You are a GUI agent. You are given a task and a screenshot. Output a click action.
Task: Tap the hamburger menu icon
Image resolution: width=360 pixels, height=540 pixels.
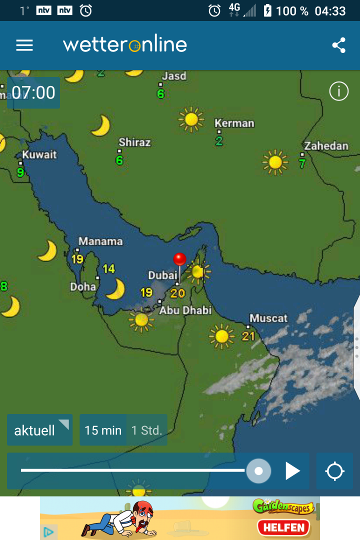24,45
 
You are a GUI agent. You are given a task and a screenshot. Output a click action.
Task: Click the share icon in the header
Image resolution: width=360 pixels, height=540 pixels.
338,45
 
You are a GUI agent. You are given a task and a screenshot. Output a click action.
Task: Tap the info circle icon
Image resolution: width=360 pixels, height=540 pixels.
338,91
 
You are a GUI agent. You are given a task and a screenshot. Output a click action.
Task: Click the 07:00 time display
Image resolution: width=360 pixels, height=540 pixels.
33,93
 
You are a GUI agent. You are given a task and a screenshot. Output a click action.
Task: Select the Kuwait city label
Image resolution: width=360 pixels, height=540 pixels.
39,154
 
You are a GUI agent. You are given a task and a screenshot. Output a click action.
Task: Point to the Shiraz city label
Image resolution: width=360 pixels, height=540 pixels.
134,142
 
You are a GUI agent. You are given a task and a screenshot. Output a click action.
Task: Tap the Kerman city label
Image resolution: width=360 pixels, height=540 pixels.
234,123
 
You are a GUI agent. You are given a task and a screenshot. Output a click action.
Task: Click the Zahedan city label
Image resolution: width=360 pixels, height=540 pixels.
326,146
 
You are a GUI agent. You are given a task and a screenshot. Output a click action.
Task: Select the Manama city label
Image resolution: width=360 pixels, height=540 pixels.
100,241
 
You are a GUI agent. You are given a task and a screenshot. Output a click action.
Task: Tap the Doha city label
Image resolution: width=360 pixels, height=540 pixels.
83,286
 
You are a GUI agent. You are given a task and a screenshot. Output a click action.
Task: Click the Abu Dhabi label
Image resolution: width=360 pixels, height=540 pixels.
185,310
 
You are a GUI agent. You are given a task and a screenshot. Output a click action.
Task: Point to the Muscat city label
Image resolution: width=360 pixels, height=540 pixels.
268,318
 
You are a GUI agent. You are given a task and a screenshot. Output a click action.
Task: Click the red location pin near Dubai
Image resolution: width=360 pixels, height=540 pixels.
179,259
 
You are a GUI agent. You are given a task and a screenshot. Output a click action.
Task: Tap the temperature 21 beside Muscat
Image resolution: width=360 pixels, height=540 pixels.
248,335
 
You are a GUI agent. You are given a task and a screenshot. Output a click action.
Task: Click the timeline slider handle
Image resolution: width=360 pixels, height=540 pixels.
258,471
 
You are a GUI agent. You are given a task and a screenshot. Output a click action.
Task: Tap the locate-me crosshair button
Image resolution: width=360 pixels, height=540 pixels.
334,471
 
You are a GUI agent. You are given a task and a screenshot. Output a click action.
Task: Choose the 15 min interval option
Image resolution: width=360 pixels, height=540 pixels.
103,430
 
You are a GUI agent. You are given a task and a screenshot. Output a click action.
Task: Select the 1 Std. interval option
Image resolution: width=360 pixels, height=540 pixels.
146,430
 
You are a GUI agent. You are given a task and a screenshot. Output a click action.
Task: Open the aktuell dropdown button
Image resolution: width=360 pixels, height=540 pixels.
40,430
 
